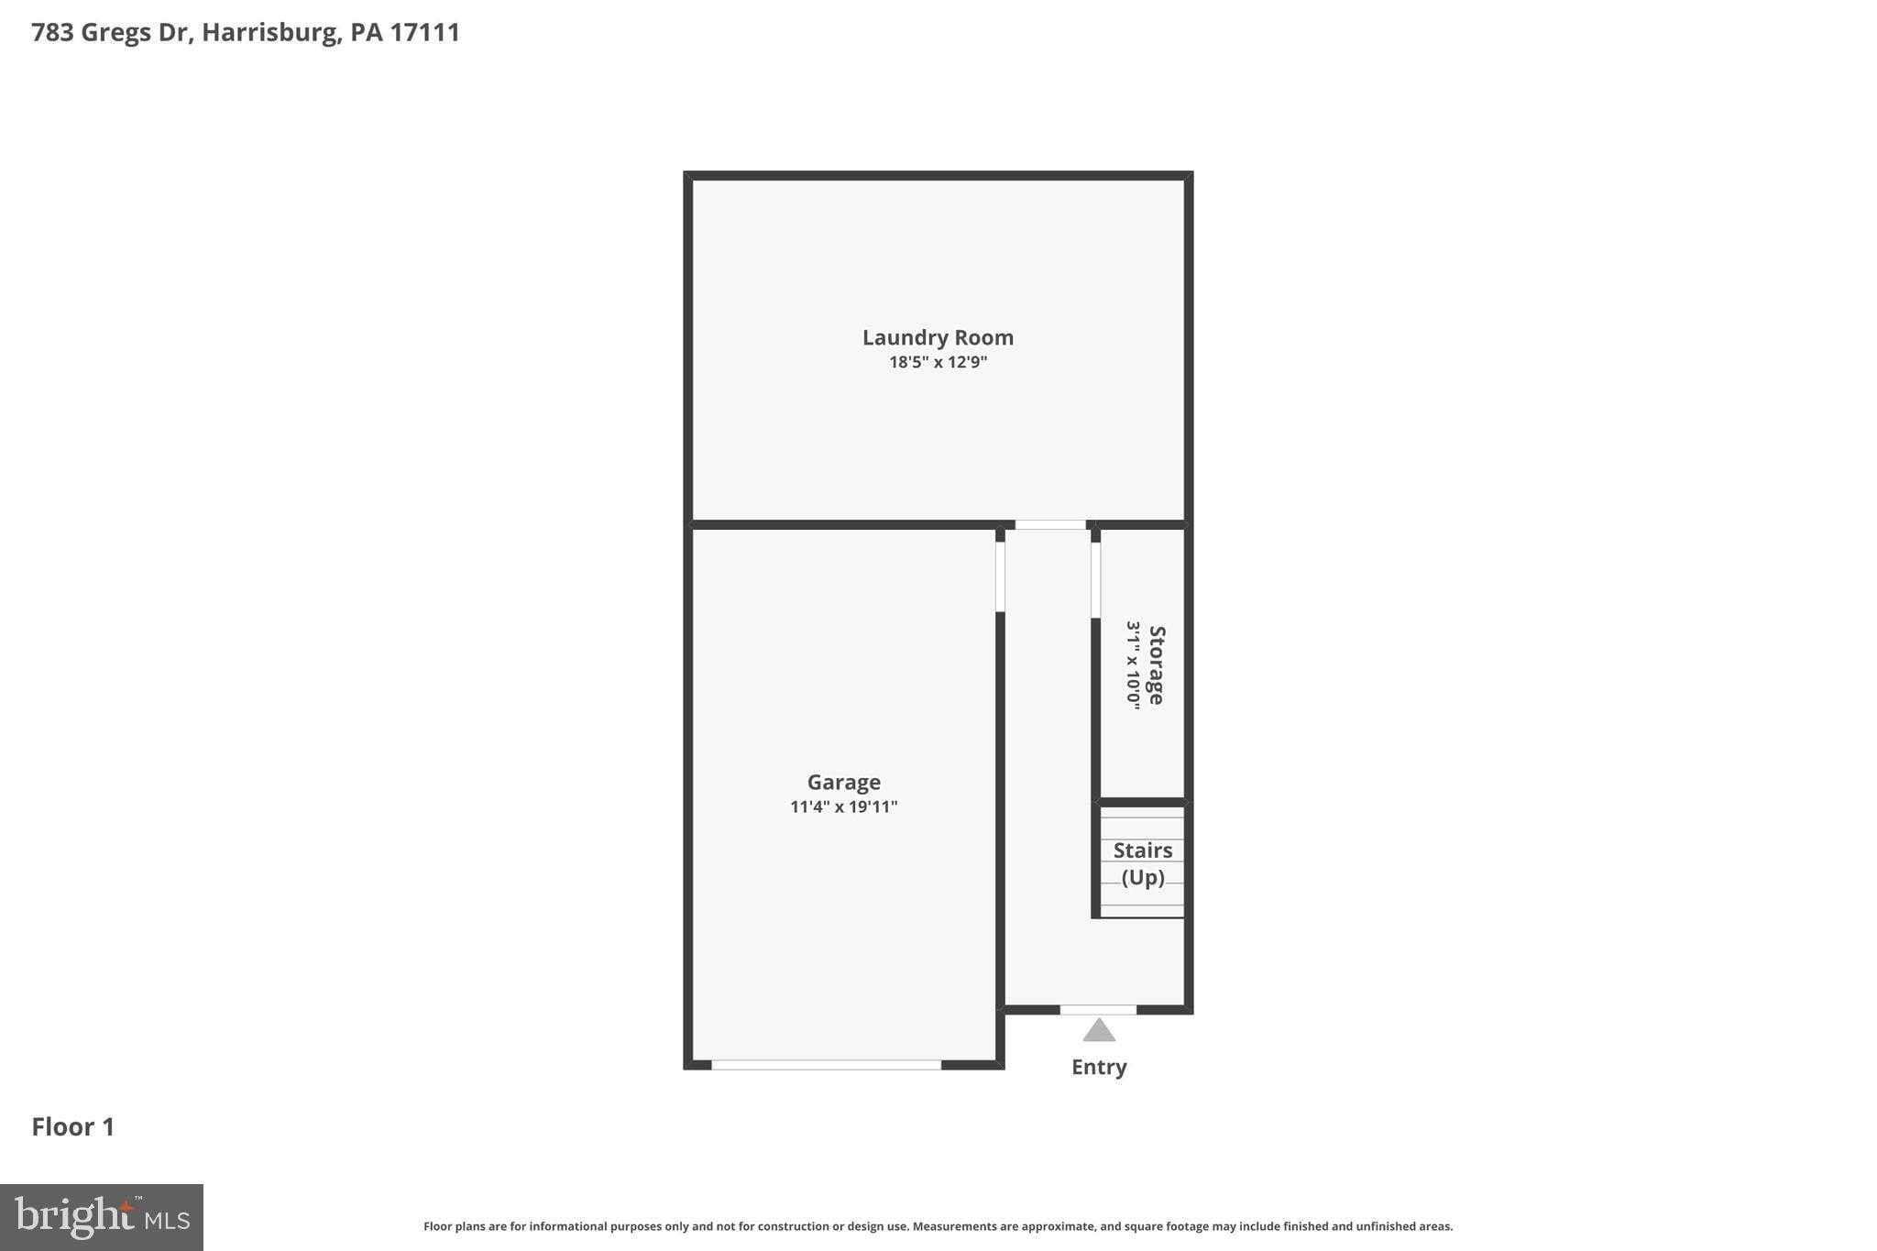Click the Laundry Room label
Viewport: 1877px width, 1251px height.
coord(938,337)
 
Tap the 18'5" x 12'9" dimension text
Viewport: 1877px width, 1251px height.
coord(938,362)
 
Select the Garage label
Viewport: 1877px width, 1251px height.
coord(843,782)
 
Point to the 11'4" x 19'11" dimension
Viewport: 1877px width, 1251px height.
coord(843,807)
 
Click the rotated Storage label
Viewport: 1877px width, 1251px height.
coord(1157,665)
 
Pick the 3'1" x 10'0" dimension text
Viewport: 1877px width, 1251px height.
coord(1134,665)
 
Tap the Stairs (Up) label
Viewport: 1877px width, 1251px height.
coord(1143,863)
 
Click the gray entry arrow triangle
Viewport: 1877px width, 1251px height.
coord(1099,1031)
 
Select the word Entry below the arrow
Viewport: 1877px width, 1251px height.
coord(1099,1067)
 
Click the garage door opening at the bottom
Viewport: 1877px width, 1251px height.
coord(826,1065)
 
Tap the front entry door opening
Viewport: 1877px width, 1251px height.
coord(1098,1010)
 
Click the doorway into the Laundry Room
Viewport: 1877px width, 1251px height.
coord(1050,525)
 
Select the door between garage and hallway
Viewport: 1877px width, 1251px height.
coord(1000,576)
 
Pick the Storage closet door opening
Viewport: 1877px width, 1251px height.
coord(1095,579)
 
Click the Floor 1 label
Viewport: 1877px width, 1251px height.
coord(73,1126)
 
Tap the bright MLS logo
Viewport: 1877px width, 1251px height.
coord(102,1217)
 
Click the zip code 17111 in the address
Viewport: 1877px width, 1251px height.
coord(424,32)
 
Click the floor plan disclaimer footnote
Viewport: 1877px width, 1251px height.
coord(938,1226)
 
